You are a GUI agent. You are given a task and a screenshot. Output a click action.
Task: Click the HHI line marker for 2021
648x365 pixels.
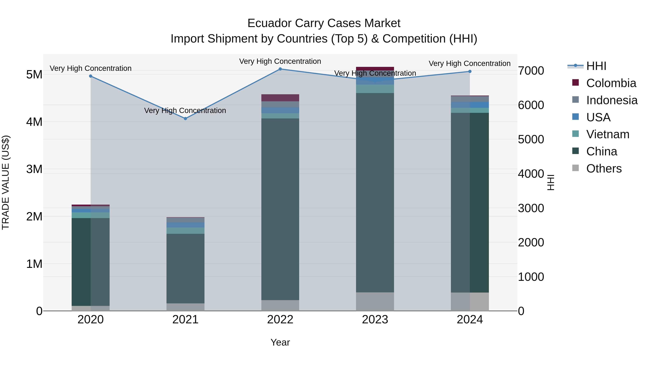coord(185,118)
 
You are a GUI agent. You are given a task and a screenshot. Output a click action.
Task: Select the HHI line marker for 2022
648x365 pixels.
coord(280,69)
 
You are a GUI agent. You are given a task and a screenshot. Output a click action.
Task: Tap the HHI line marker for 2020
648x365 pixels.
coord(91,76)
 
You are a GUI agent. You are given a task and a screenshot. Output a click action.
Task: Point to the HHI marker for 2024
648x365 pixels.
coord(470,72)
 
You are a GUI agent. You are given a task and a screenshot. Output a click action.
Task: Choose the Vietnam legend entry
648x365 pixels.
coord(607,134)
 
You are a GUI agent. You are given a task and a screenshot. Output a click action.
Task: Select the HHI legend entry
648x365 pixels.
coord(596,66)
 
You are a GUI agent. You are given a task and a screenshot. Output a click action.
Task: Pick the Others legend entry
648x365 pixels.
coord(604,169)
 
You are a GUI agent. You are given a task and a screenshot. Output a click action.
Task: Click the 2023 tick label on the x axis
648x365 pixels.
coord(375,320)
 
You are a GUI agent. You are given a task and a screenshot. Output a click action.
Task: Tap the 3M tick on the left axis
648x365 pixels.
coord(34,169)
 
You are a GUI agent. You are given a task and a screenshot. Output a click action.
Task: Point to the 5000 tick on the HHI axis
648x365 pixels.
coord(531,139)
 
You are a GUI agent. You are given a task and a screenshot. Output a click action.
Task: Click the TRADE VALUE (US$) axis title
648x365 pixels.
coord(6,182)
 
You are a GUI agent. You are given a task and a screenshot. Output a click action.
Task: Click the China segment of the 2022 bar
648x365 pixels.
coord(280,209)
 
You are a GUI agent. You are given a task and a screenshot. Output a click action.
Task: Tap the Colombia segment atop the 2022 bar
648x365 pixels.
coord(280,98)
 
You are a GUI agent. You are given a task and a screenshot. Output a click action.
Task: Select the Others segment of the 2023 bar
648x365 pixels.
coord(375,302)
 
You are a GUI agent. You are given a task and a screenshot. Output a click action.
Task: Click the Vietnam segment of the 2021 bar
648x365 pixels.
coord(185,231)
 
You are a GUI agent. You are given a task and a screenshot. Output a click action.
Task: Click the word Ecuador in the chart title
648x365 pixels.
coord(269,23)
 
